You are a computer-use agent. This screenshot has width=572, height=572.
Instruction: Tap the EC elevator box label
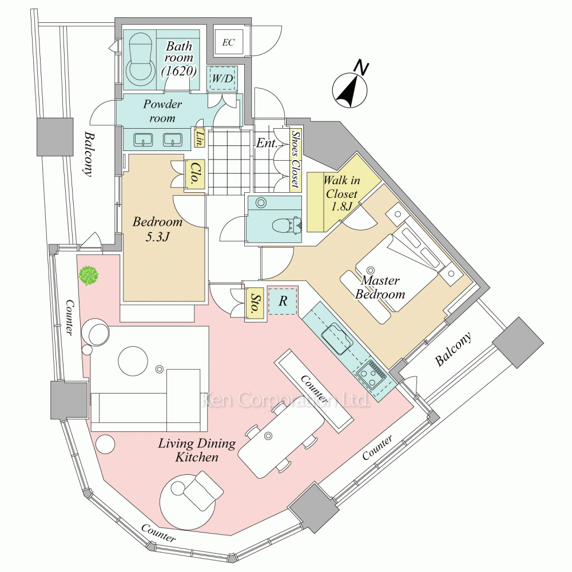[228, 42]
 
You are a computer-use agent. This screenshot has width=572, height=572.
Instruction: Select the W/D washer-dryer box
[223, 78]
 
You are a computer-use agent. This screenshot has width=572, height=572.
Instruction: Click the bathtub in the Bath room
[141, 58]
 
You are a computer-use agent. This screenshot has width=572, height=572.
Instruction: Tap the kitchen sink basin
[337, 338]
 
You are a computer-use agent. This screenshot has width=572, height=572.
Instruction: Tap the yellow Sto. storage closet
[253, 303]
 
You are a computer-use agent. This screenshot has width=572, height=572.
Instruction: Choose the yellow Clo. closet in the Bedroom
[193, 174]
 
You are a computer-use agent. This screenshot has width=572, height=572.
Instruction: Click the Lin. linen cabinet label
[200, 137]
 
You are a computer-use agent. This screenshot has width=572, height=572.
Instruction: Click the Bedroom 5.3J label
[157, 228]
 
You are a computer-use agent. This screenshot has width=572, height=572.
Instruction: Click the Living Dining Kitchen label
[189, 450]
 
